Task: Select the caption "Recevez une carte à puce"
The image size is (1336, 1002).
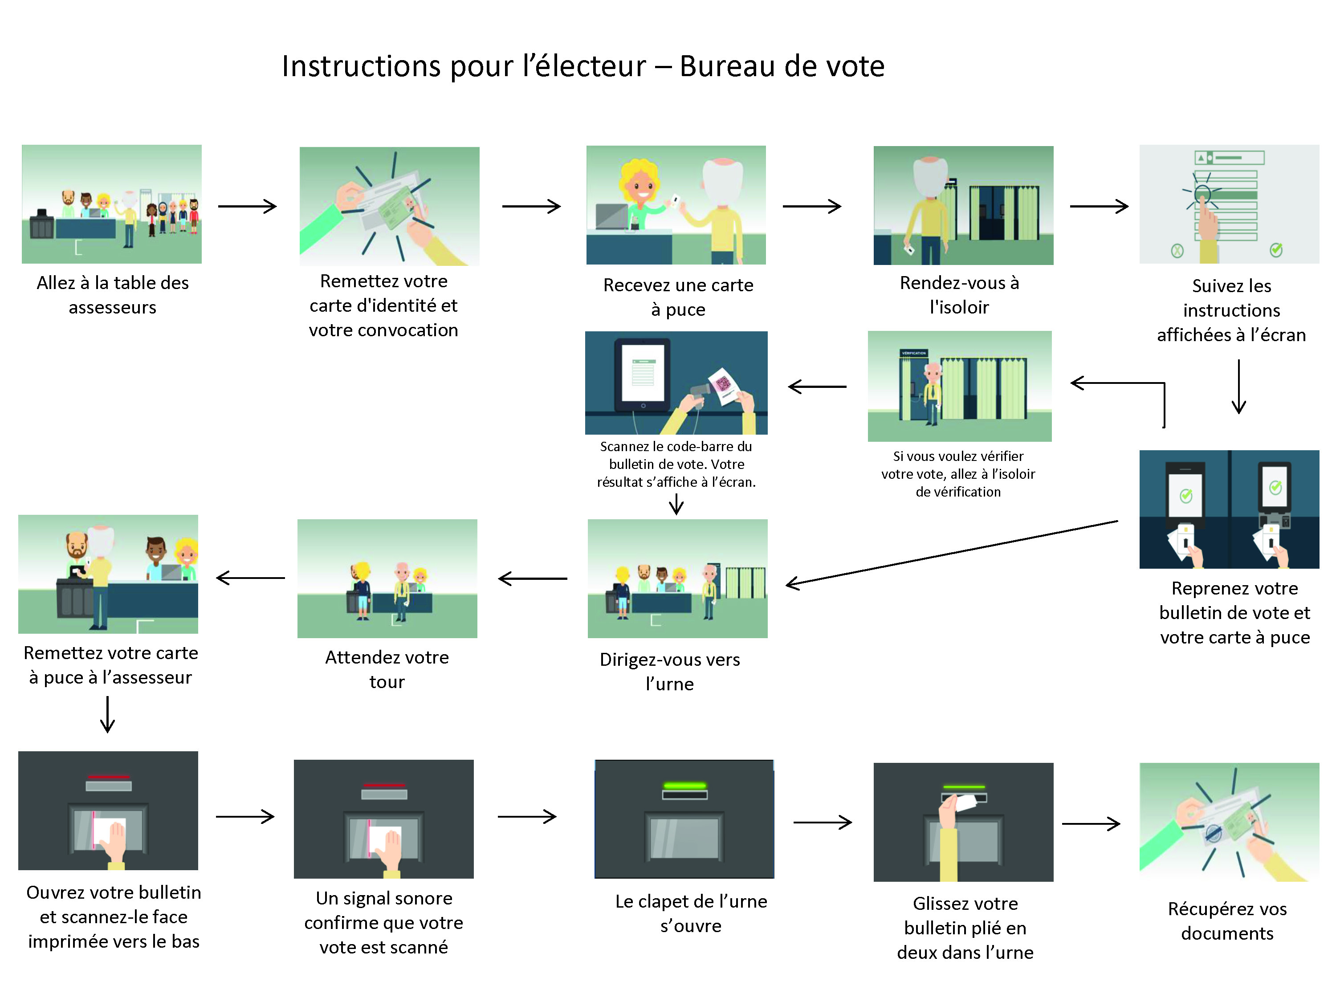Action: tap(678, 297)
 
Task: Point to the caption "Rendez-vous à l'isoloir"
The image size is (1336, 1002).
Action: tap(959, 295)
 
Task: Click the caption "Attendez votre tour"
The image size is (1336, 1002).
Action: tap(387, 669)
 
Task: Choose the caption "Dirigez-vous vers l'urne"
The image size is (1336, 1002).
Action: tap(670, 672)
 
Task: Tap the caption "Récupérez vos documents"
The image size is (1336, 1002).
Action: tap(1227, 921)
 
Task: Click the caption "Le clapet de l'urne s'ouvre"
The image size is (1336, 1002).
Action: tap(691, 913)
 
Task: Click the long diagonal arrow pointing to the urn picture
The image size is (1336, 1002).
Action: tap(951, 553)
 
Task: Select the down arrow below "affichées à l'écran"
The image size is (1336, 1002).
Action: tap(1239, 387)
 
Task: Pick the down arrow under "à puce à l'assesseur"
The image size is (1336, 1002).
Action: tap(107, 714)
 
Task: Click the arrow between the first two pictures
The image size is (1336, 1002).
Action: tap(247, 207)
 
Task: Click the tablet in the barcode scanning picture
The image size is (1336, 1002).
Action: tap(643, 375)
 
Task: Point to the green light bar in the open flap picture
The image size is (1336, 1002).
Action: tap(684, 786)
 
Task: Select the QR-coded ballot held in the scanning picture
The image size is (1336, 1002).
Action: tap(725, 385)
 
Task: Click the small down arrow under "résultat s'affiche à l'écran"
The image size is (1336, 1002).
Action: tap(676, 504)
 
